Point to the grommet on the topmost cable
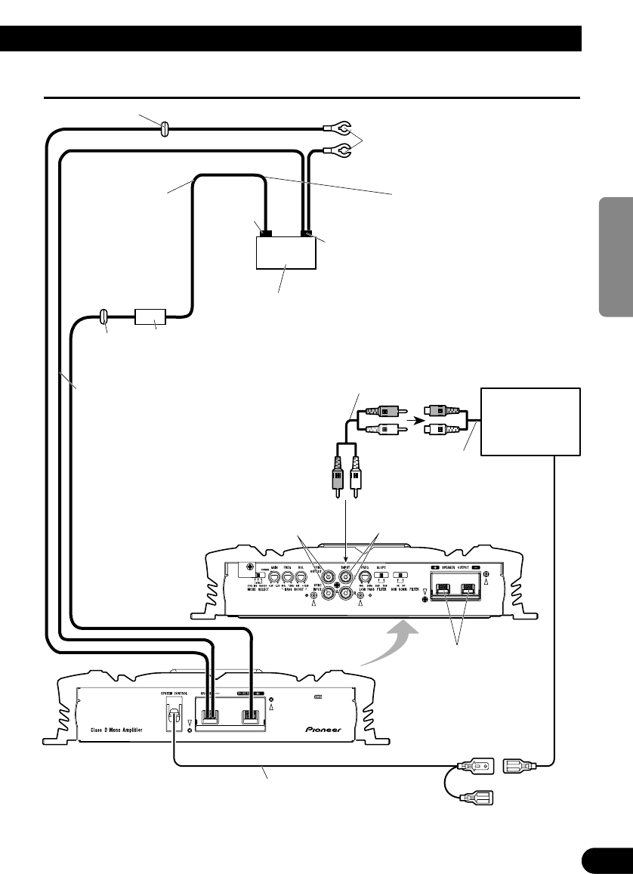coord(165,131)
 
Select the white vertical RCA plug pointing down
coord(358,478)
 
